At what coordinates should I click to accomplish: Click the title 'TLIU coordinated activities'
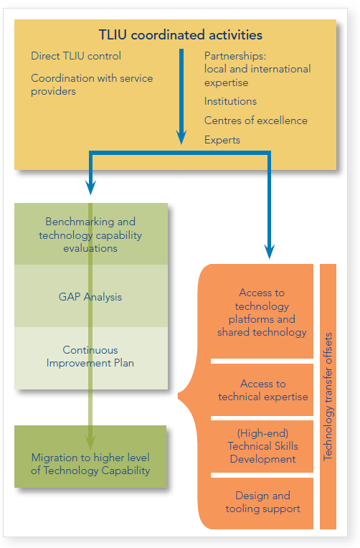180,35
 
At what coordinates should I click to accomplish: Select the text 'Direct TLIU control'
76,56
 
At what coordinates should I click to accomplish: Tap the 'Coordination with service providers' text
92,84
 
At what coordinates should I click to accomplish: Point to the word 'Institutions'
230,101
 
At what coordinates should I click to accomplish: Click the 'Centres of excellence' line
256,121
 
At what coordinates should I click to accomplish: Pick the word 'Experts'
222,140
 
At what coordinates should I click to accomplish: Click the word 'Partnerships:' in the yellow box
235,56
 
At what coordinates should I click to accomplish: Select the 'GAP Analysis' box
91,296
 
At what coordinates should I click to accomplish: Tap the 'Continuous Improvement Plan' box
91,358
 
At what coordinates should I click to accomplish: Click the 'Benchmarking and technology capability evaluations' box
91,234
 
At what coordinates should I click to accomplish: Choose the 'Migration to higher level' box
90,456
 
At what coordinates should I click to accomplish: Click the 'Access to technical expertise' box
262,390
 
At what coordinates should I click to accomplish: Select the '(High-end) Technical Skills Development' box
262,446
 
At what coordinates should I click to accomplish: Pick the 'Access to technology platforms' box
257,311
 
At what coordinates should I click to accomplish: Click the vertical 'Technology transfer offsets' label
328,397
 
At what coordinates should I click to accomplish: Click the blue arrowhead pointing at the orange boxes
269,251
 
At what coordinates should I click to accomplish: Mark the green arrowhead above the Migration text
90,442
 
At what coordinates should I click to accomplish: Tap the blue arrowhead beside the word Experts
181,137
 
